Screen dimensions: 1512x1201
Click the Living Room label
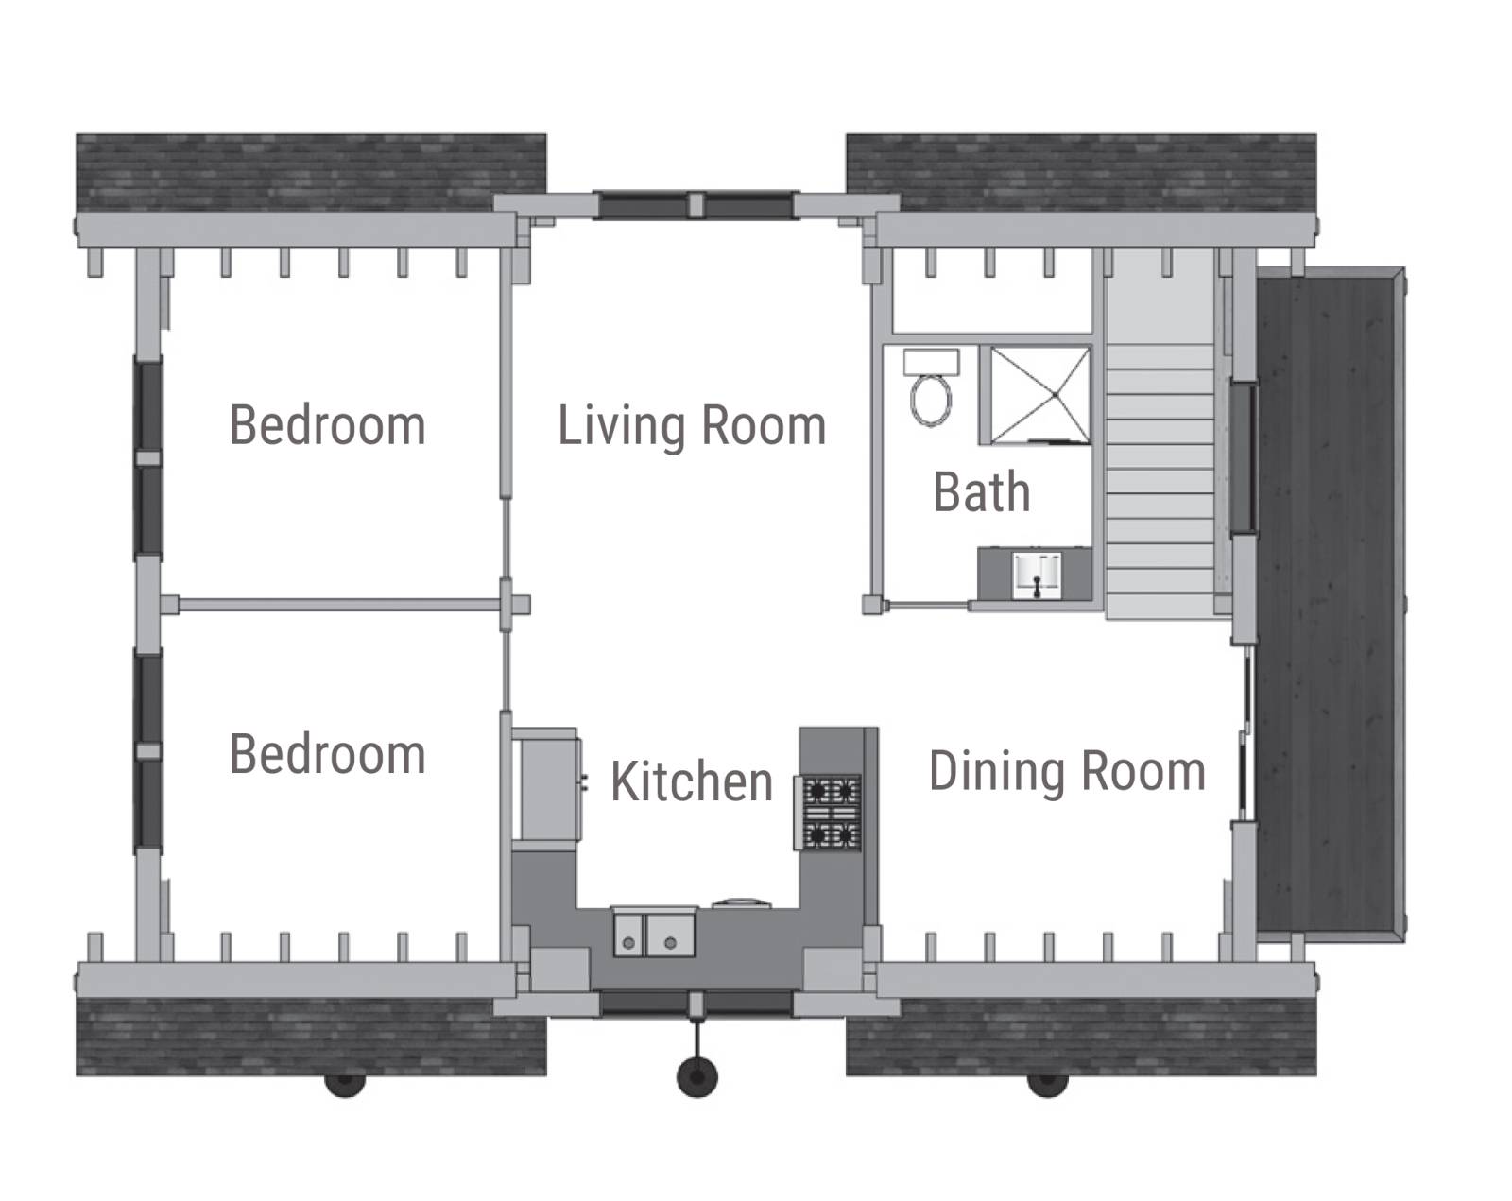(x=692, y=426)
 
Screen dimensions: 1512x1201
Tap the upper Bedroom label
(x=328, y=425)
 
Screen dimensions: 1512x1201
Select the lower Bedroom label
(x=328, y=754)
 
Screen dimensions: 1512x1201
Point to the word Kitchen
(x=692, y=781)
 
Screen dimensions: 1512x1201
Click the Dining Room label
(x=1067, y=772)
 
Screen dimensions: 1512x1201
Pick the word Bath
(x=982, y=492)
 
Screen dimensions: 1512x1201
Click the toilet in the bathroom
(x=931, y=388)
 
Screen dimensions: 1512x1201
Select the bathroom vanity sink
(x=1037, y=575)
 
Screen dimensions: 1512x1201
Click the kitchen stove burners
(x=832, y=813)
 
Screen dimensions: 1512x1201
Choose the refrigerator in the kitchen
(x=546, y=783)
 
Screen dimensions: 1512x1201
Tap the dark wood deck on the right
(x=1330, y=605)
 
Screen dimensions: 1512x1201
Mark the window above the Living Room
(x=696, y=205)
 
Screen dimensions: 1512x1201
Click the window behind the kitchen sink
(x=696, y=1003)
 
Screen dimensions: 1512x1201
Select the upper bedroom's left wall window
(x=148, y=458)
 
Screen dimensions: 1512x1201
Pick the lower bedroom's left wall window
(x=148, y=751)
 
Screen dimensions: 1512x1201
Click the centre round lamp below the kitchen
(x=697, y=1076)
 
